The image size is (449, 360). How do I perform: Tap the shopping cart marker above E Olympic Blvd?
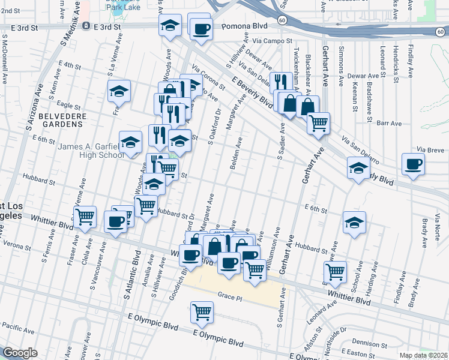click(202, 312)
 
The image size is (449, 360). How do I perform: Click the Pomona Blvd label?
click(247, 27)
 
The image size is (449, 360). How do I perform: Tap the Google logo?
click(20, 353)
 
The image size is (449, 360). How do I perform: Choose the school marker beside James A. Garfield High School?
click(130, 143)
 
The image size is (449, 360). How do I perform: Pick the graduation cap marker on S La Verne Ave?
click(119, 91)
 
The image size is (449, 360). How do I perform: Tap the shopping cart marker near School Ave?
click(334, 271)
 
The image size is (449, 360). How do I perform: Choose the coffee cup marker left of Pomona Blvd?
click(201, 28)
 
